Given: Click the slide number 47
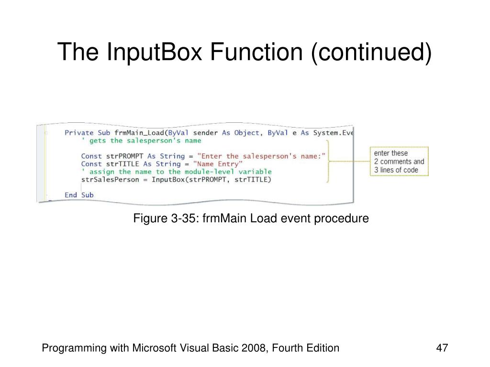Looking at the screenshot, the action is click(442, 348).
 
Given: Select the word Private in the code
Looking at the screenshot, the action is click(79, 133).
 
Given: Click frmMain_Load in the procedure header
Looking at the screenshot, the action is click(139, 133).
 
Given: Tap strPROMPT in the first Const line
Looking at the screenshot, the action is click(124, 156).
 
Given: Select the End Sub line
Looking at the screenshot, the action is click(79, 195).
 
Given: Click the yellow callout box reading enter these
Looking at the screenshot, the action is click(399, 162).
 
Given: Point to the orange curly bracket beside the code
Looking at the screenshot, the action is click(328, 161).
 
